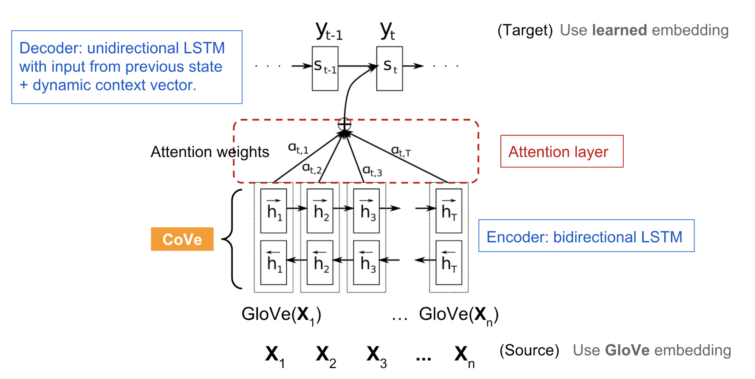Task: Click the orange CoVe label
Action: [182, 239]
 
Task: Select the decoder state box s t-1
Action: [325, 68]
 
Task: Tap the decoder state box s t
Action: [389, 68]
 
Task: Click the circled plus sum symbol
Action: [344, 124]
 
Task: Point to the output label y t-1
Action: [329, 31]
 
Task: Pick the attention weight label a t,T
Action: [401, 151]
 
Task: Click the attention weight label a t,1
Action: [298, 148]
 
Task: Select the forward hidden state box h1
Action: [273, 211]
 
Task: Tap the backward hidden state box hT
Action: [449, 263]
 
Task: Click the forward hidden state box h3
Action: [366, 211]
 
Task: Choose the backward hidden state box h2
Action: [320, 263]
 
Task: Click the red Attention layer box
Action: [562, 151]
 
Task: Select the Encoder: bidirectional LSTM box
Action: [586, 236]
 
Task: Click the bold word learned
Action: [619, 30]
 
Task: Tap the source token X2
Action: [325, 356]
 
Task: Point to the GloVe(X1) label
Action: [281, 314]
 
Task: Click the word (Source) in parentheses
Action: [529, 350]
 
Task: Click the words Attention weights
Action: [210, 152]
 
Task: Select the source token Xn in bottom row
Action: [464, 356]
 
